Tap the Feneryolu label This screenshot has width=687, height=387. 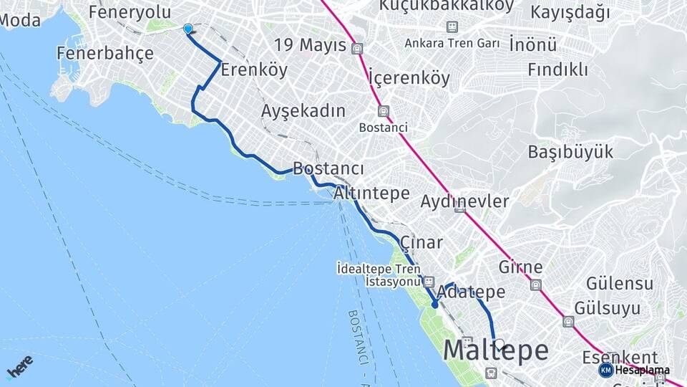130,11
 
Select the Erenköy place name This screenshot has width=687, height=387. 254,70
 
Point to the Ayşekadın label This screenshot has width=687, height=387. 303,111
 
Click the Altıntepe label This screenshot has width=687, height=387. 371,193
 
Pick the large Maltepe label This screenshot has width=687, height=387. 497,351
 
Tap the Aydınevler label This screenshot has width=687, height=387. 464,201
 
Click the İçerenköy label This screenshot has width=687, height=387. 409,77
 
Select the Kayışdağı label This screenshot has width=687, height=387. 570,12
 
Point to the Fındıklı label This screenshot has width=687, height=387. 557,70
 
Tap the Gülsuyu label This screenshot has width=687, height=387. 612,309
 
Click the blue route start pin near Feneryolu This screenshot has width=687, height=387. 187,29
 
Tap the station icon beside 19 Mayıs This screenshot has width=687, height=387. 357,49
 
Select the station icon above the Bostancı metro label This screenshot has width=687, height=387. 384,112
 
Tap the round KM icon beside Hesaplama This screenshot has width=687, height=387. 605,370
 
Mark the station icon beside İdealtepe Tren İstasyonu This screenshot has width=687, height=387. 429,282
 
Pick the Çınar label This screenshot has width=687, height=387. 422,242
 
